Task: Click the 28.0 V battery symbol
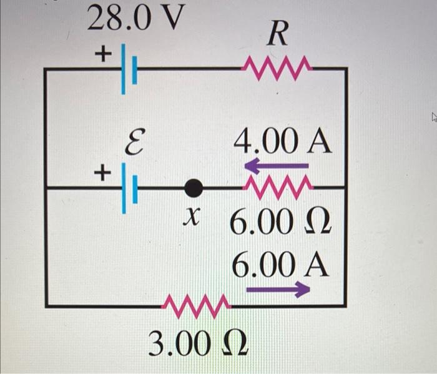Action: click(128, 68)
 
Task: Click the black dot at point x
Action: click(194, 187)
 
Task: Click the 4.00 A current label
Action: click(282, 143)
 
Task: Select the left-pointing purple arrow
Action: click(276, 166)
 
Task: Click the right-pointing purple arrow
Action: click(278, 289)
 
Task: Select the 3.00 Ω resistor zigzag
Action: click(196, 305)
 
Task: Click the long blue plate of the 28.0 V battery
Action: click(123, 68)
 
